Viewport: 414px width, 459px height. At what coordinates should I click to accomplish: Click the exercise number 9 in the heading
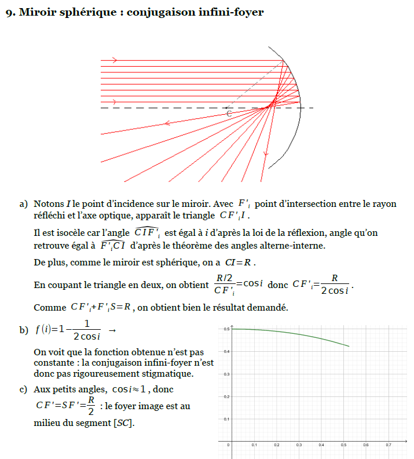pos(10,12)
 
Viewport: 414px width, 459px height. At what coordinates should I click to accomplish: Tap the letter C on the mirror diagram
pos(229,114)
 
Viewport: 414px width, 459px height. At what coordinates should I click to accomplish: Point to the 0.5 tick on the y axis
pos(226,329)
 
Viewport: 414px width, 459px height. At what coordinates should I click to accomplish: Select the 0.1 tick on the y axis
pos(226,419)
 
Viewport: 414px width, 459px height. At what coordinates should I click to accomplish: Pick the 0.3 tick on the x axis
pos(299,445)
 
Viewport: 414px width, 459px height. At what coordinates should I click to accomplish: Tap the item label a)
pos(23,204)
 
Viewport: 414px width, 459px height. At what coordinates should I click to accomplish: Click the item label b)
pos(23,330)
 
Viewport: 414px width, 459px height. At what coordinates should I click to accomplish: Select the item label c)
pos(23,389)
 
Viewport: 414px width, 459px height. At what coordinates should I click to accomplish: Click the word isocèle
pos(58,233)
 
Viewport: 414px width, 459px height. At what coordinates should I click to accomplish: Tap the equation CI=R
pos(238,263)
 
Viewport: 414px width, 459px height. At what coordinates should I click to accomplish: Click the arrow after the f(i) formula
pos(112,330)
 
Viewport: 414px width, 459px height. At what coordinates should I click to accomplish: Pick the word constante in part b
pos(52,363)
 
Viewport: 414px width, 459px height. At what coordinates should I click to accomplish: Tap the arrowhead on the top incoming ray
pos(114,60)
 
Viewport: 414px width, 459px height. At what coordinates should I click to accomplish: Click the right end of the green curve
pos(349,347)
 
